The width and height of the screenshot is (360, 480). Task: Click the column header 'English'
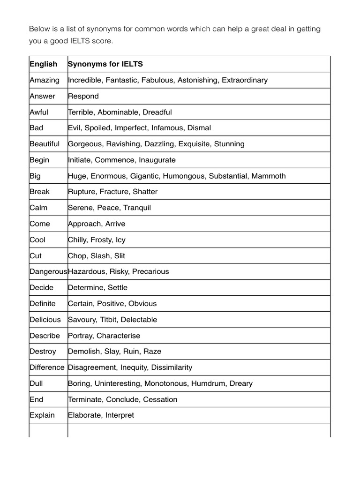43,64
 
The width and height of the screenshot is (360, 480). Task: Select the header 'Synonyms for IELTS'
105,64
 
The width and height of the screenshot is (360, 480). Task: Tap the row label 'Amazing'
45,80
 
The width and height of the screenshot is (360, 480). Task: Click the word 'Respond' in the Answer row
83,96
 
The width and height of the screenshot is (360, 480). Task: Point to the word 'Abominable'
118,112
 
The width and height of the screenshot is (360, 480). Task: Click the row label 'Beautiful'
45,144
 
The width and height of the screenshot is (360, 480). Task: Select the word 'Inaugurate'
157,160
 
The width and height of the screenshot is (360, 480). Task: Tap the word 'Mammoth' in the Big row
269,176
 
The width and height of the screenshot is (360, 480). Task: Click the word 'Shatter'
145,192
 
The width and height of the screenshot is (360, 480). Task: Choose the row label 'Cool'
37,240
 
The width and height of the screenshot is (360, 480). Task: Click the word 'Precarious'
150,271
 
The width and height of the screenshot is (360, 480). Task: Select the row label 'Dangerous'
48,271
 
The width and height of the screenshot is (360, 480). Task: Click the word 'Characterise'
118,336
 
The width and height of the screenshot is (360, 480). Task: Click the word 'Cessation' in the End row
160,399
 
